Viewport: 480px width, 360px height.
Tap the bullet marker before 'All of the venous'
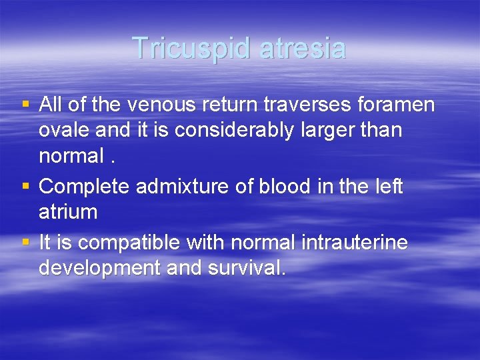[x=26, y=104]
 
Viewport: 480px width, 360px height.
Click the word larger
[x=333, y=130]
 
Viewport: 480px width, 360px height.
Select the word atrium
[x=68, y=213]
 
